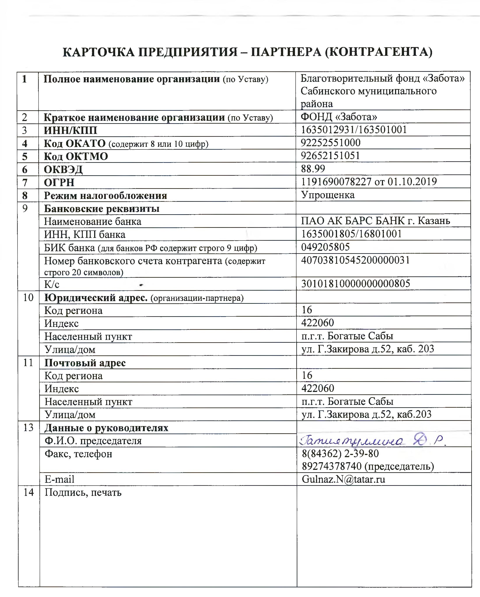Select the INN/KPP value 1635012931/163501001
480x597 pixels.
point(354,130)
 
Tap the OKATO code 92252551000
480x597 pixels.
point(331,143)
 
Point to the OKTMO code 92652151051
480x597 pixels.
point(330,156)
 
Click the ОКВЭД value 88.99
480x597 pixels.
point(313,169)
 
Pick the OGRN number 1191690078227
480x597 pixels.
point(336,182)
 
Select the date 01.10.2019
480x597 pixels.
point(412,182)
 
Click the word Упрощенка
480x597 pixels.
point(328,195)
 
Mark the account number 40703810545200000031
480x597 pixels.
point(355,260)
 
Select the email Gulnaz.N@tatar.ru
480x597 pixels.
point(343,479)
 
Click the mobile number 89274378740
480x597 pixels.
point(332,466)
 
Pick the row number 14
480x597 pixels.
point(28,492)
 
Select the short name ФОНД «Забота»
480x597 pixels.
point(339,117)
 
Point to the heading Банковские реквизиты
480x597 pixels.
point(102,209)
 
